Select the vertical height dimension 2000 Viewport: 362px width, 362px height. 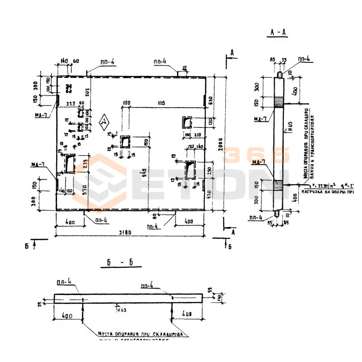click(220, 144)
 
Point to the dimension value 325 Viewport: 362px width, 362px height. click(70, 104)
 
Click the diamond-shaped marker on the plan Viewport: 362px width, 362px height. click(105, 122)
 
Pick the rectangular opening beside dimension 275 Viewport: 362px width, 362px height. click(70, 164)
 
